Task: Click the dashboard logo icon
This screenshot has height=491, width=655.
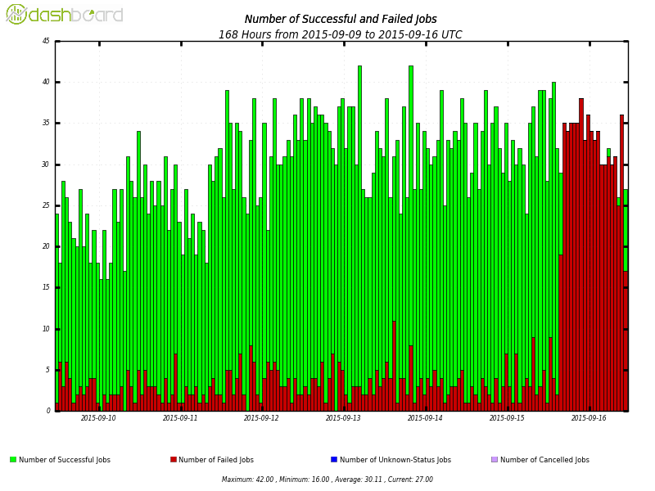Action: coord(16,14)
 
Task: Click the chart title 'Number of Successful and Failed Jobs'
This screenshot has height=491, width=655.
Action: coord(341,20)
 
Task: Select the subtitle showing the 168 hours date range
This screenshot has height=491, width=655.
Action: coord(341,35)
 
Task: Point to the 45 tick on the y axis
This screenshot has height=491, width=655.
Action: coord(46,41)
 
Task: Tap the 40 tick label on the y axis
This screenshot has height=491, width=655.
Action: coord(46,82)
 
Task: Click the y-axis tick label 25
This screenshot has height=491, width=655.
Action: coord(46,205)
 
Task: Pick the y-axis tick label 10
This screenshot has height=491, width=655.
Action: coord(46,329)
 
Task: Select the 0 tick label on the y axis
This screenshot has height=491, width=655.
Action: coord(48,411)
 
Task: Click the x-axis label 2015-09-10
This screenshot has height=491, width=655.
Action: coord(98,418)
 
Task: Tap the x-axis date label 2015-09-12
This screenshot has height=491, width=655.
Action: coord(261,418)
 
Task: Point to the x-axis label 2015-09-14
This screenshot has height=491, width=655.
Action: coord(425,418)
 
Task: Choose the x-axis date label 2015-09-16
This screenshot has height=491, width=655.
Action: coord(589,418)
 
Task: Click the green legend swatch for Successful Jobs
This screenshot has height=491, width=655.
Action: coord(13,460)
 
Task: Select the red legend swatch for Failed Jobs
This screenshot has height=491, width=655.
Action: coord(174,460)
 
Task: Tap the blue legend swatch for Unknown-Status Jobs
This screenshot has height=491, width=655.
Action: coord(334,460)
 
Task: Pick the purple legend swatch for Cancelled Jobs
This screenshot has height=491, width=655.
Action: coord(494,460)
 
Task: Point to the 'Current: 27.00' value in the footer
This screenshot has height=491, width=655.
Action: coord(409,480)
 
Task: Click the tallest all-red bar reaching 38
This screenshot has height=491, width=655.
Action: coord(581,245)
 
